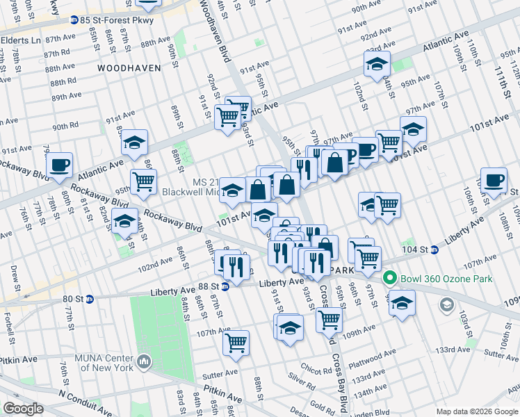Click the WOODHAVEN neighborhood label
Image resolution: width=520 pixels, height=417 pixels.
click(129, 68)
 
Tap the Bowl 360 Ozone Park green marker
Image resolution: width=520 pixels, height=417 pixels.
click(389, 279)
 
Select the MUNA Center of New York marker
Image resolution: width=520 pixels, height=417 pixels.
click(144, 361)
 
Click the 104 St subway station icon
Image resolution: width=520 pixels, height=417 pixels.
click(434, 249)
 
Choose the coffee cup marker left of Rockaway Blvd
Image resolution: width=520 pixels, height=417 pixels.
click(59, 165)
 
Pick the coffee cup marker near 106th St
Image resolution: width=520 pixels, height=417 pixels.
click(494, 180)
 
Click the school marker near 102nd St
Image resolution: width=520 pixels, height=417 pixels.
click(377, 64)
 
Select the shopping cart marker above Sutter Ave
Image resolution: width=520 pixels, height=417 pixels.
click(236, 342)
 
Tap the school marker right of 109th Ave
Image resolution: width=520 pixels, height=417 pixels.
click(402, 302)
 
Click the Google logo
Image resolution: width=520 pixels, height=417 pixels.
click(23, 409)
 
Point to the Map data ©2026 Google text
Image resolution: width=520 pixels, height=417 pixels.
click(477, 411)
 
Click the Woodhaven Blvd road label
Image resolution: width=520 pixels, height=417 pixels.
click(214, 31)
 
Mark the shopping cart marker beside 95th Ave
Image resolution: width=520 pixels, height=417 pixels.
click(143, 181)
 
